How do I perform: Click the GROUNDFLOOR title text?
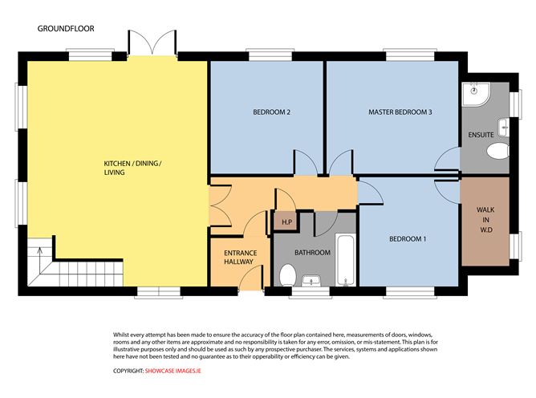pos(66,28)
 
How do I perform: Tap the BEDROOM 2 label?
pos(266,112)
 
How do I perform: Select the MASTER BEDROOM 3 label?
pos(400,112)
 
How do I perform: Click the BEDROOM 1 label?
pos(408,239)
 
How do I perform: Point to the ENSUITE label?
pos(481,136)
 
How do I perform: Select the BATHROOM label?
pos(312,253)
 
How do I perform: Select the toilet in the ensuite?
pos(497,151)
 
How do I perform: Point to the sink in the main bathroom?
pos(311,280)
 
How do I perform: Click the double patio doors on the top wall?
pos(150,43)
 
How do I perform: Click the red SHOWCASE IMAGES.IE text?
pos(174,372)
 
